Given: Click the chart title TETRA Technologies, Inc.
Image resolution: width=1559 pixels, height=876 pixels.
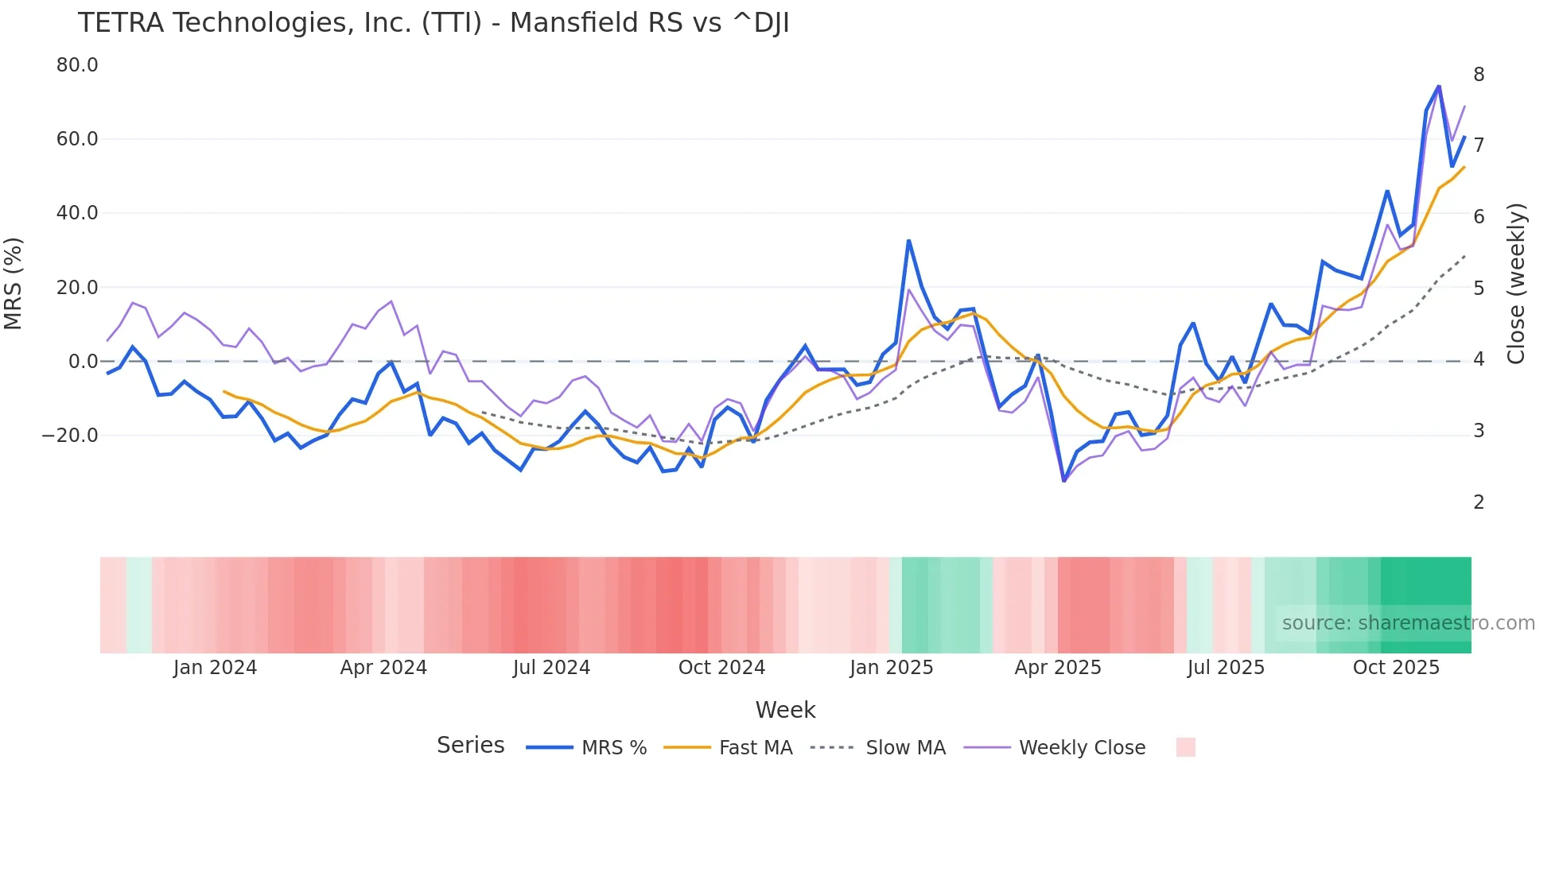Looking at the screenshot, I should tap(433, 23).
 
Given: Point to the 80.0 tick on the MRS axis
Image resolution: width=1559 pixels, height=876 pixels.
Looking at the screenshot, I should tap(77, 65).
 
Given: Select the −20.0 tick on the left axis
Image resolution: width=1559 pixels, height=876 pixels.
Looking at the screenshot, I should tap(70, 436).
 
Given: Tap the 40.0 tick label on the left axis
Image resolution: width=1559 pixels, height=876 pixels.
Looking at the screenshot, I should tap(77, 213).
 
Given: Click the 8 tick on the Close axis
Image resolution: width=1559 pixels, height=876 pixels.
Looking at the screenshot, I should tap(1479, 75).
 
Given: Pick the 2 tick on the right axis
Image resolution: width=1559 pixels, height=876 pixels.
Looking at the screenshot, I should tap(1479, 502).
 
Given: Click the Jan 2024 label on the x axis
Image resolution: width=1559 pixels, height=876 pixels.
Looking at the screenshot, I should tap(215, 668).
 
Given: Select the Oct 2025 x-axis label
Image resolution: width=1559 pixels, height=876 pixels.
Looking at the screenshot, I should tap(1396, 668).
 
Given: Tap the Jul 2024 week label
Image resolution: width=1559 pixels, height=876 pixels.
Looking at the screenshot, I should tap(551, 668).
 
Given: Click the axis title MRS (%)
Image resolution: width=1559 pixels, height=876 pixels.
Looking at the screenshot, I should tap(14, 284).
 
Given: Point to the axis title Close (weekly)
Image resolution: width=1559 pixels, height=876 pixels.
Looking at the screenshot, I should tap(1516, 284).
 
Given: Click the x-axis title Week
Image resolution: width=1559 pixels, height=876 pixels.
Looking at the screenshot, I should tap(785, 710).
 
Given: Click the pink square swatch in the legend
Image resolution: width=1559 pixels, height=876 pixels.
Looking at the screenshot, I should tap(1185, 747).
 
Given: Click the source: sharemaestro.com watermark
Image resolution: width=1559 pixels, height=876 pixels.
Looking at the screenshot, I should tap(1408, 623).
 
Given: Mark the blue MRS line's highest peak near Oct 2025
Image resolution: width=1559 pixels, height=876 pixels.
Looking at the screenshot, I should tap(1439, 86).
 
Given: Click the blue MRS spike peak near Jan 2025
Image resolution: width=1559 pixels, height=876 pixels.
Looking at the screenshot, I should tap(908, 240).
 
